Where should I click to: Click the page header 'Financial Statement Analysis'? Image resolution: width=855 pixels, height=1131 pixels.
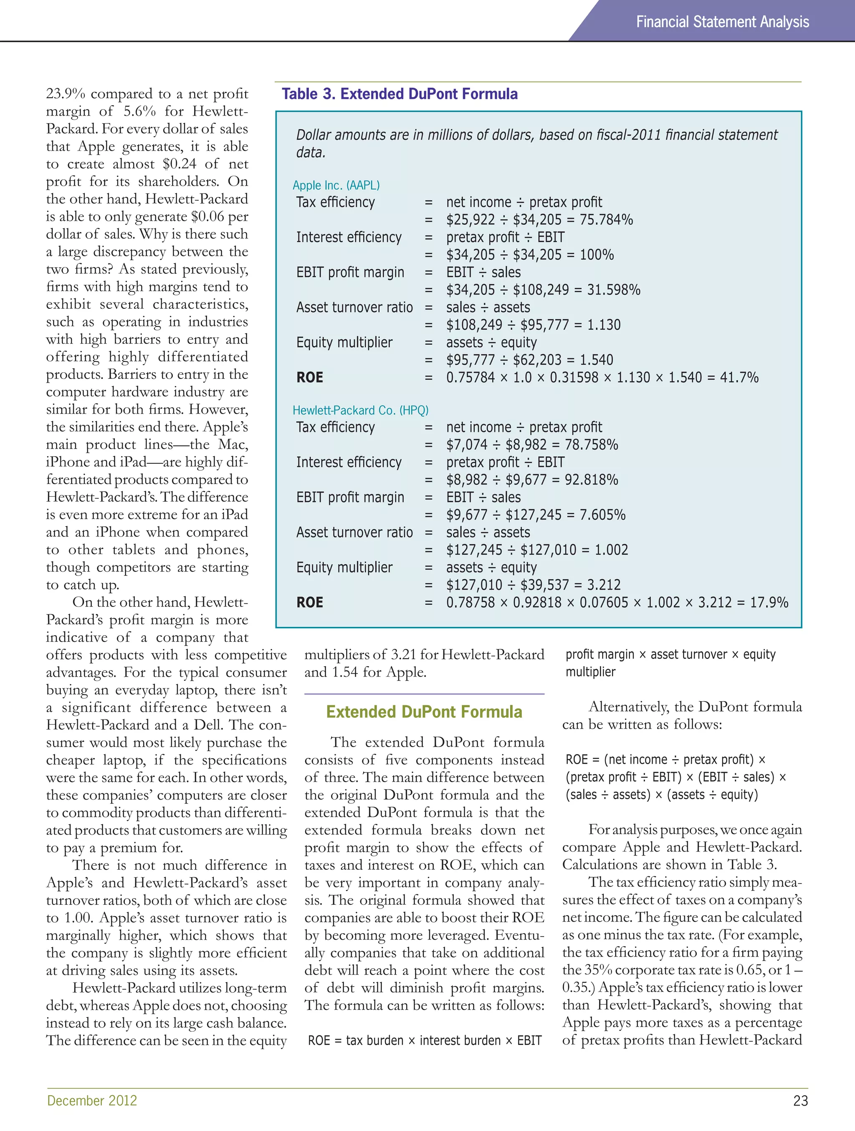point(722,22)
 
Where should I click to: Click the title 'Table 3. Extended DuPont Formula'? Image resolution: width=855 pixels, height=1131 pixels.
point(400,94)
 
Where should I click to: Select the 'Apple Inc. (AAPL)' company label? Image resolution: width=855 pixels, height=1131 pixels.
point(336,185)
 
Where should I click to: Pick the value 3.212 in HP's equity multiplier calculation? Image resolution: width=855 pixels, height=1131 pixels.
point(600,585)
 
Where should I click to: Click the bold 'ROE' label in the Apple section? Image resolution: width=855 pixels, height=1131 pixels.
point(309,377)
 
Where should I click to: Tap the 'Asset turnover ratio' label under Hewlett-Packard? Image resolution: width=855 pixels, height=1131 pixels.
point(354,532)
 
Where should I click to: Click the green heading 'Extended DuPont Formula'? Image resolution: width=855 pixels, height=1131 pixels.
point(424,712)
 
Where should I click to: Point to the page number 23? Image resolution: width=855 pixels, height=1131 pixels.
point(800,1100)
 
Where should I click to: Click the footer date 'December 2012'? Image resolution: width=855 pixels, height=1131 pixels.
point(92,1100)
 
